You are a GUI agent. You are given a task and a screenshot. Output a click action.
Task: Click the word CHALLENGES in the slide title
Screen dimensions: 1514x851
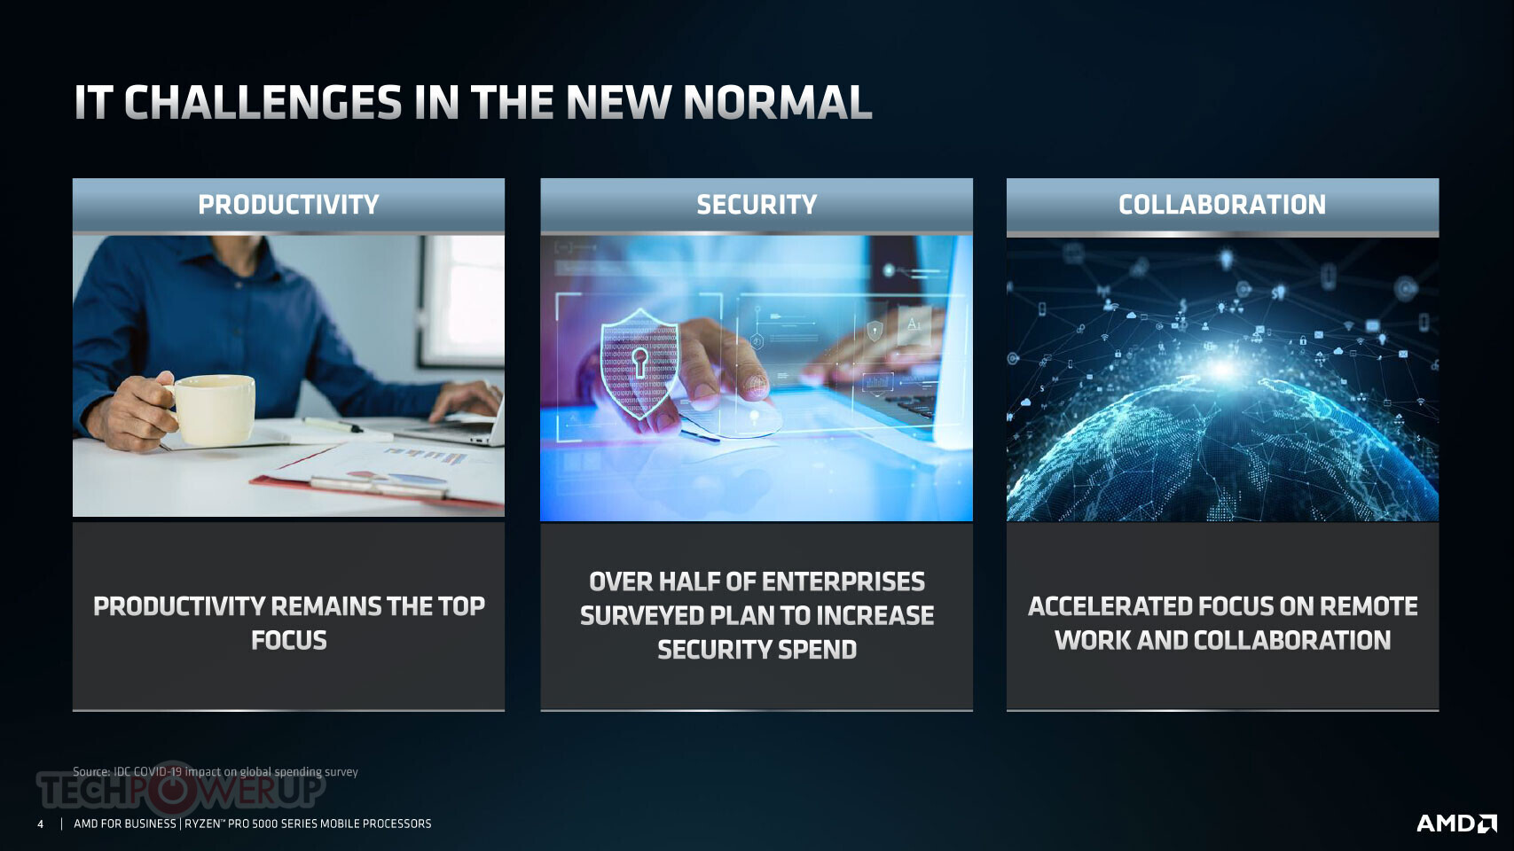point(263,103)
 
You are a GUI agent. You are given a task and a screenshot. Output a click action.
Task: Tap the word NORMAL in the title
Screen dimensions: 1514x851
point(777,103)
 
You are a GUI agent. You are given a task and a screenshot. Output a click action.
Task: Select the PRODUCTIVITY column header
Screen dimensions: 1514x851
point(288,205)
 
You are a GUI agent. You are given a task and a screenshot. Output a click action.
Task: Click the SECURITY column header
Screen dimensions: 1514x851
point(757,205)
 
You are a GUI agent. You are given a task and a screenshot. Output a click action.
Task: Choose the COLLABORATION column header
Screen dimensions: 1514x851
point(1222,205)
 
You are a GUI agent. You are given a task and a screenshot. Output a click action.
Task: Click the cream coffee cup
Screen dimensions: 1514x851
point(209,410)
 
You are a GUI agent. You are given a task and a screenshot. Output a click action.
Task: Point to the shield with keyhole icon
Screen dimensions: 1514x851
point(639,363)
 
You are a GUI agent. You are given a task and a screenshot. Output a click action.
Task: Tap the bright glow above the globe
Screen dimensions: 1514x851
point(1222,369)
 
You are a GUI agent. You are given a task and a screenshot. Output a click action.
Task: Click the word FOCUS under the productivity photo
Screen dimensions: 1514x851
point(288,640)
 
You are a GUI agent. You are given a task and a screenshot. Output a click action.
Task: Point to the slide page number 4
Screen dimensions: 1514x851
point(41,824)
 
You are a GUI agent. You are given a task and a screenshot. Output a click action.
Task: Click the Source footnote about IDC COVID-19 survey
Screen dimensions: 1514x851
point(215,771)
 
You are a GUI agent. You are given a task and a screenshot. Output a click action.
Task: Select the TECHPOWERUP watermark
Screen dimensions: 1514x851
point(181,790)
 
